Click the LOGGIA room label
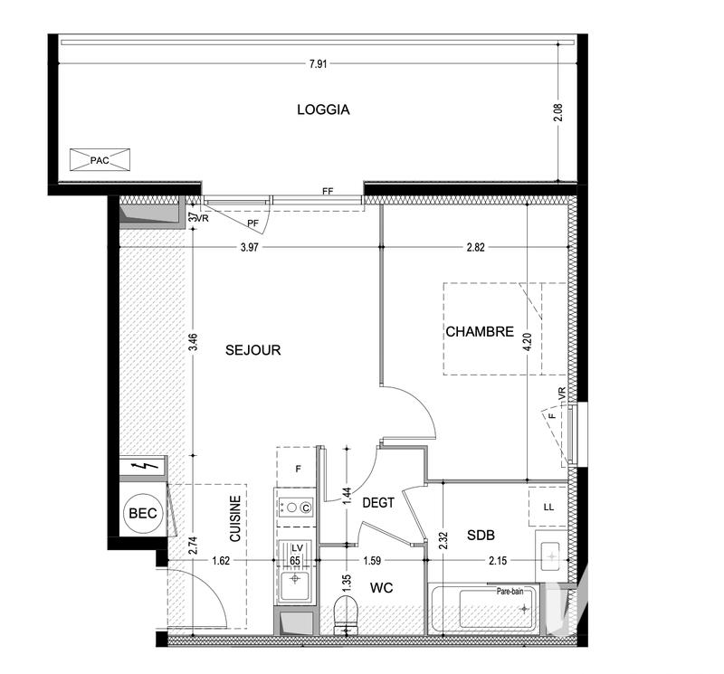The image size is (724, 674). coord(323,110)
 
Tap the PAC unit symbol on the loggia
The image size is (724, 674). coord(99,160)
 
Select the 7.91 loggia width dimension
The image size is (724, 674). coord(318,63)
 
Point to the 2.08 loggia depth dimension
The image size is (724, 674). coord(557,113)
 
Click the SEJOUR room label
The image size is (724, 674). coord(252,350)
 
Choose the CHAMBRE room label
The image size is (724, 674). coord(480,332)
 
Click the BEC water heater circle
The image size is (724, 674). coord(141,513)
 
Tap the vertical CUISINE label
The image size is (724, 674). coord(234,518)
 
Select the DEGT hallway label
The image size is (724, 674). coord(377,503)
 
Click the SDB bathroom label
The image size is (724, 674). coord(481,535)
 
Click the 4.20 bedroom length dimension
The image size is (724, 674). coord(528,342)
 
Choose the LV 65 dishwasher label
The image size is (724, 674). coord(295,554)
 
